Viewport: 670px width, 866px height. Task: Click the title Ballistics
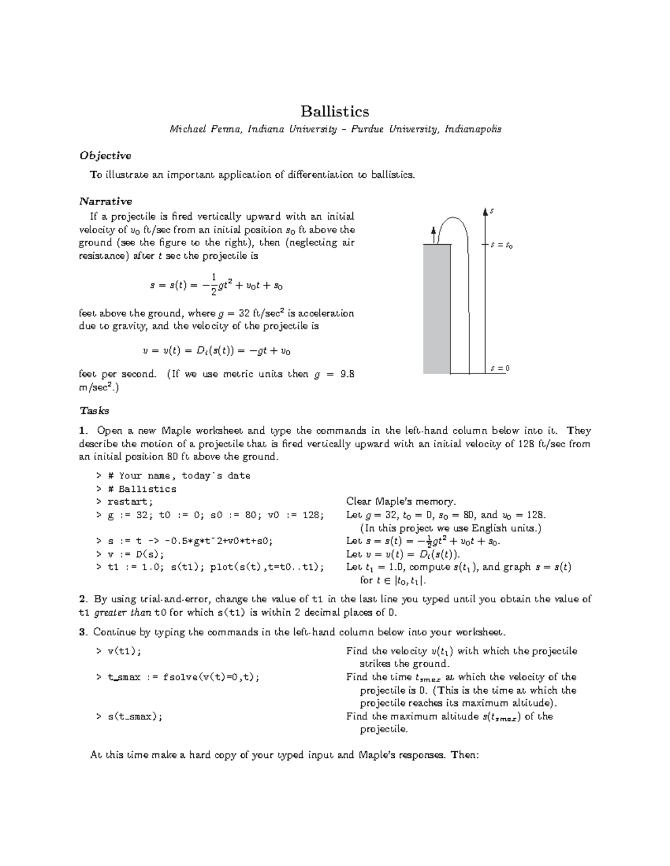point(334,112)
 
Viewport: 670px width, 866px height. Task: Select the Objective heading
point(105,156)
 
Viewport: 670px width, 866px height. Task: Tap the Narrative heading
point(106,201)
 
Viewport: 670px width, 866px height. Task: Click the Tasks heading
point(94,411)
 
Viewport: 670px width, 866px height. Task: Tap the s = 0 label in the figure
point(500,369)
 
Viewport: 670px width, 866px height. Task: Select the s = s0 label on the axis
point(501,245)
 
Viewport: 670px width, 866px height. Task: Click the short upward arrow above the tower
point(433,235)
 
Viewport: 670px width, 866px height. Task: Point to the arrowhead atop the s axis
point(485,210)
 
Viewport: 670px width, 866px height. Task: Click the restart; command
point(130,502)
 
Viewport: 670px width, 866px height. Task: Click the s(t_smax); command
point(135,717)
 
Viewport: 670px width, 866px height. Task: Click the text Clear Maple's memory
point(401,501)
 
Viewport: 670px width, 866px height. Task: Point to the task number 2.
point(83,599)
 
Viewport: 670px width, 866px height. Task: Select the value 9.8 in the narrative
point(347,374)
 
